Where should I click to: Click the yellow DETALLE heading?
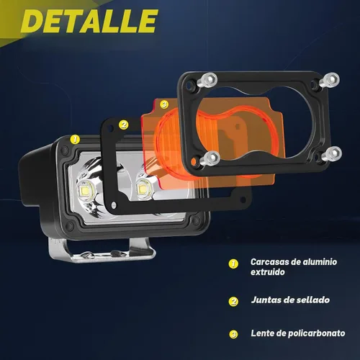click(x=89, y=21)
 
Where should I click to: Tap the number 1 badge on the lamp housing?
click(x=75, y=140)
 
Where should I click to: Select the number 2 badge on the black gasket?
click(x=124, y=125)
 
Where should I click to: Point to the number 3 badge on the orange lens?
click(x=164, y=104)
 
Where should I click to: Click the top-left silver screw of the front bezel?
click(x=207, y=80)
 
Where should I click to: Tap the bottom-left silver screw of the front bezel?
click(x=210, y=158)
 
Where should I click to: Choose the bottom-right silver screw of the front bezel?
click(x=332, y=154)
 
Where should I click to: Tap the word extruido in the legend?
click(x=268, y=272)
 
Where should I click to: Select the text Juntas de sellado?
click(x=290, y=300)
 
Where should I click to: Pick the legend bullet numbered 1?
click(x=233, y=264)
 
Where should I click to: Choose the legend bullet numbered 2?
click(x=233, y=302)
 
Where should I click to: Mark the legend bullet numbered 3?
click(x=233, y=334)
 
